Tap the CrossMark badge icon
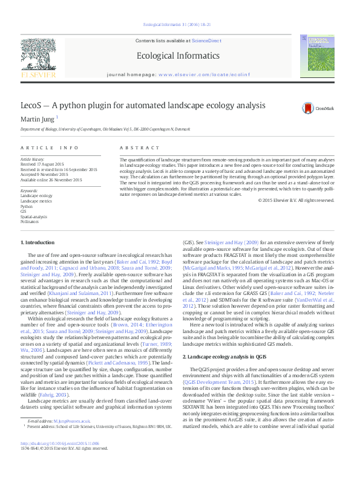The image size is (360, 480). [x=312, y=108]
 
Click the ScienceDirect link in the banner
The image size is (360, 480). [x=207, y=40]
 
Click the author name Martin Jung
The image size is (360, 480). [x=38, y=118]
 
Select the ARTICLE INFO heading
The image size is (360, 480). [x=50, y=148]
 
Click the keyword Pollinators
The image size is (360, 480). [x=29, y=222]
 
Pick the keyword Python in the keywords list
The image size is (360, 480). [x=27, y=206]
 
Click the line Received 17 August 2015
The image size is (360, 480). [x=42, y=163]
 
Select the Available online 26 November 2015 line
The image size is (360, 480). [x=51, y=180]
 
